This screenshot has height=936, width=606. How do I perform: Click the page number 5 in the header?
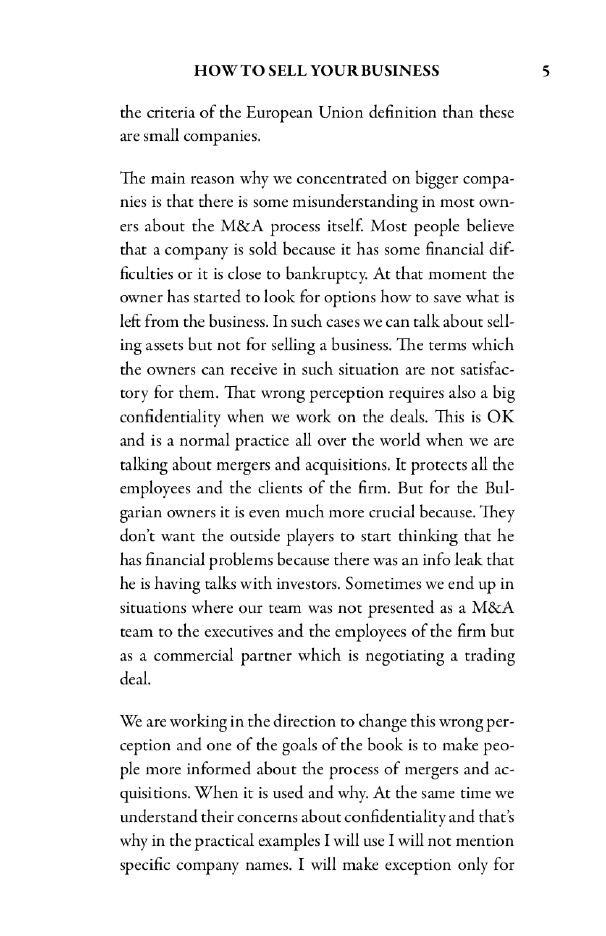[545, 71]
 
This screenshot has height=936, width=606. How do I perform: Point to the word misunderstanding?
[355, 202]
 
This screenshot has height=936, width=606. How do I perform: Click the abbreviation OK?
[500, 417]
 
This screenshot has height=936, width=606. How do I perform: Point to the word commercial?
[193, 656]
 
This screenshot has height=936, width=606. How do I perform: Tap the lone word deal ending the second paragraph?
[135, 679]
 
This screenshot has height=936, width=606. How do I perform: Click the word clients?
[305, 489]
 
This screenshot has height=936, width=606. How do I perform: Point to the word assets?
[165, 346]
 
